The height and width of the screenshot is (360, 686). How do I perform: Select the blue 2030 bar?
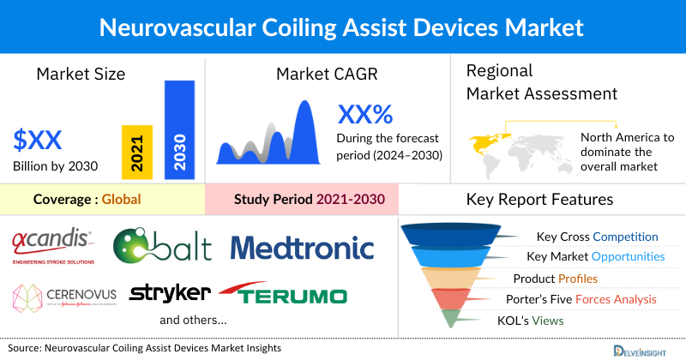point(179,129)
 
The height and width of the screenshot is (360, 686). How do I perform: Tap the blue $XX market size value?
point(39,139)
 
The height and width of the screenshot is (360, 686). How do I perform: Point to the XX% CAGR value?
point(365,114)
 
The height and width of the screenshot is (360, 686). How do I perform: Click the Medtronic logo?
point(303,248)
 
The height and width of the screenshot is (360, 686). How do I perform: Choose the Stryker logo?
point(169,293)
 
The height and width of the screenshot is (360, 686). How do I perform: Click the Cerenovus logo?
point(64,295)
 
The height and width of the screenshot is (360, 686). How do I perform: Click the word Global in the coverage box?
point(121,200)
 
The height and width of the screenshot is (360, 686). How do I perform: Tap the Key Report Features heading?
point(539,200)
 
